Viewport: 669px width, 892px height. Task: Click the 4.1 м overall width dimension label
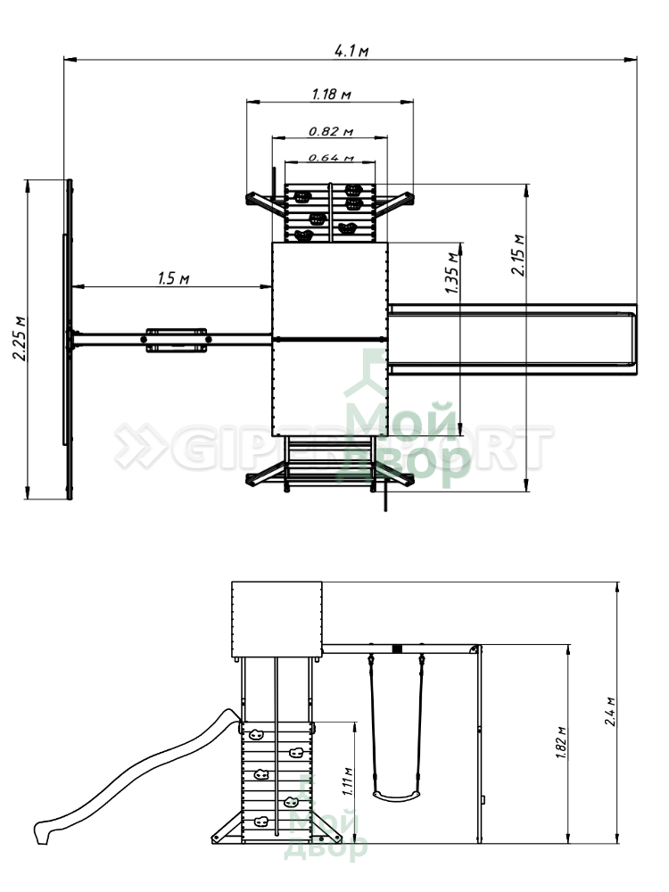point(351,51)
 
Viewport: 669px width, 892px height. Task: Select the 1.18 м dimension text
point(331,94)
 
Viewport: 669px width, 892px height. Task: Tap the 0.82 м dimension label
point(331,131)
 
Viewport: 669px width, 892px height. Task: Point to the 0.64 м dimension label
point(331,158)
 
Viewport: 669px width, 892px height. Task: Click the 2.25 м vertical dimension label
point(20,338)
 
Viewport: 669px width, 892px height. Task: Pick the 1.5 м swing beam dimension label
point(174,278)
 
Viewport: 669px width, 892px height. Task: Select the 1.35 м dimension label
point(452,272)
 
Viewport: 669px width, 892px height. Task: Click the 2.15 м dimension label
point(518,255)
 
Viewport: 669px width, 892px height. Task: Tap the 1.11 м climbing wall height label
point(348,781)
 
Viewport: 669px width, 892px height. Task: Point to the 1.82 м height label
point(561,743)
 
